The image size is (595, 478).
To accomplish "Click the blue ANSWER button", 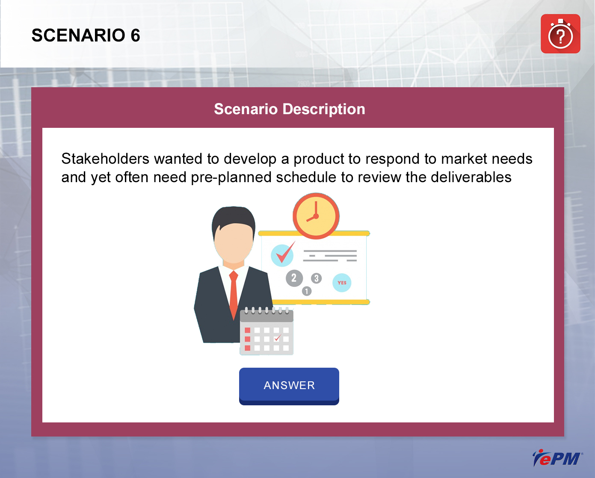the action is [289, 386].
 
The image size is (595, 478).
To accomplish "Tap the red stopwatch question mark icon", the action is [560, 34].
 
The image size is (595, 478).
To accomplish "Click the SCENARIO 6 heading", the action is [86, 35].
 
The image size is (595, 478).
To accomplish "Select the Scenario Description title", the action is [290, 109].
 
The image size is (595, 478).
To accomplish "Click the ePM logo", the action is [557, 458].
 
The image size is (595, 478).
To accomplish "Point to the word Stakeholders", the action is [105, 159].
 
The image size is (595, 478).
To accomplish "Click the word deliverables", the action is [471, 177].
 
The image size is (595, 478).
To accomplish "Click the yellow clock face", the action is [316, 216].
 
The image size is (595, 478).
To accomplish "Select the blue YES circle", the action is [342, 283].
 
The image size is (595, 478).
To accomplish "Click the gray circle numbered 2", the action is [294, 278].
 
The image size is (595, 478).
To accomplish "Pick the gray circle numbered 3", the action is [316, 278].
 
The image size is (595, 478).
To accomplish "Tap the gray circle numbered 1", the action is [306, 291].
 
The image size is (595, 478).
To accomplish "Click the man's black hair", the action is [234, 219].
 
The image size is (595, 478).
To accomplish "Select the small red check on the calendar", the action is [277, 338].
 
